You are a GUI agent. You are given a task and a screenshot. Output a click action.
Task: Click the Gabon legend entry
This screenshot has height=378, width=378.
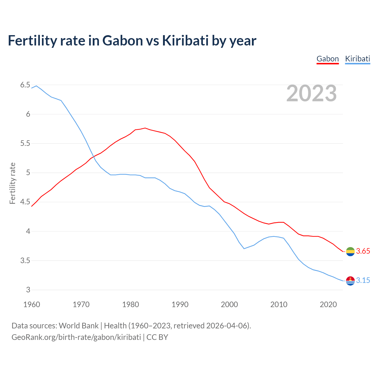[328, 59]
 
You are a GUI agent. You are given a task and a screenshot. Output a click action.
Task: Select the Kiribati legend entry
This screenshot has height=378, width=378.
[357, 59]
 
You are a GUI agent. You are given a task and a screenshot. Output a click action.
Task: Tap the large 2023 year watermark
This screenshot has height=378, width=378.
[312, 93]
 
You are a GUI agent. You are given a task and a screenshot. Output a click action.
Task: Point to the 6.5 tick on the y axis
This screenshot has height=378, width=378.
[25, 85]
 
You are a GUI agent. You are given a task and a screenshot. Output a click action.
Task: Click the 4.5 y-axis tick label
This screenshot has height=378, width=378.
[25, 202]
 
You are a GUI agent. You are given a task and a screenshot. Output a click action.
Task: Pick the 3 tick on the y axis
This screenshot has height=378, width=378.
[28, 290]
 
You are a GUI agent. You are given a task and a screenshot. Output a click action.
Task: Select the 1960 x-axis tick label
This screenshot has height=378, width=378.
[32, 304]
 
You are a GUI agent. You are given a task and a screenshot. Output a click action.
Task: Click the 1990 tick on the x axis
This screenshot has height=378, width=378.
[180, 304]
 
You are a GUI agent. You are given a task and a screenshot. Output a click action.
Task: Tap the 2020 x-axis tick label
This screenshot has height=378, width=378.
[328, 304]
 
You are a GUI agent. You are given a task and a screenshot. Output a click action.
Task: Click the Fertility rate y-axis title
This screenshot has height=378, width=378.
[12, 183]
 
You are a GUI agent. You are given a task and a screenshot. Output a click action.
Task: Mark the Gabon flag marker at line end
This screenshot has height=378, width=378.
[350, 252]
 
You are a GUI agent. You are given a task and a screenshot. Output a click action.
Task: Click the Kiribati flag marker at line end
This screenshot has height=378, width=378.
[350, 281]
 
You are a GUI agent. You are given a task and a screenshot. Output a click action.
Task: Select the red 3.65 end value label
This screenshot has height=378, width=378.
[363, 251]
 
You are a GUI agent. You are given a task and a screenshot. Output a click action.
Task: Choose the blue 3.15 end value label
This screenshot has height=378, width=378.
[363, 281]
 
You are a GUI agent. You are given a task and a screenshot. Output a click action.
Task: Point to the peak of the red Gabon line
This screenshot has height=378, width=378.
[145, 128]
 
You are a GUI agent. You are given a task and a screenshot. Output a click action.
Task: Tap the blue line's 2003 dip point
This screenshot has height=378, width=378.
[244, 249]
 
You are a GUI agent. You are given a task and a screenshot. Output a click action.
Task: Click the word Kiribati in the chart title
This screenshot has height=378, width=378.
[185, 40]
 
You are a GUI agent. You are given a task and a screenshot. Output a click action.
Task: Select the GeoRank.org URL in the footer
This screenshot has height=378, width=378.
[76, 337]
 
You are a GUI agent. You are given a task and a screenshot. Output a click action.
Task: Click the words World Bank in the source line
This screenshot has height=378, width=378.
[79, 326]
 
